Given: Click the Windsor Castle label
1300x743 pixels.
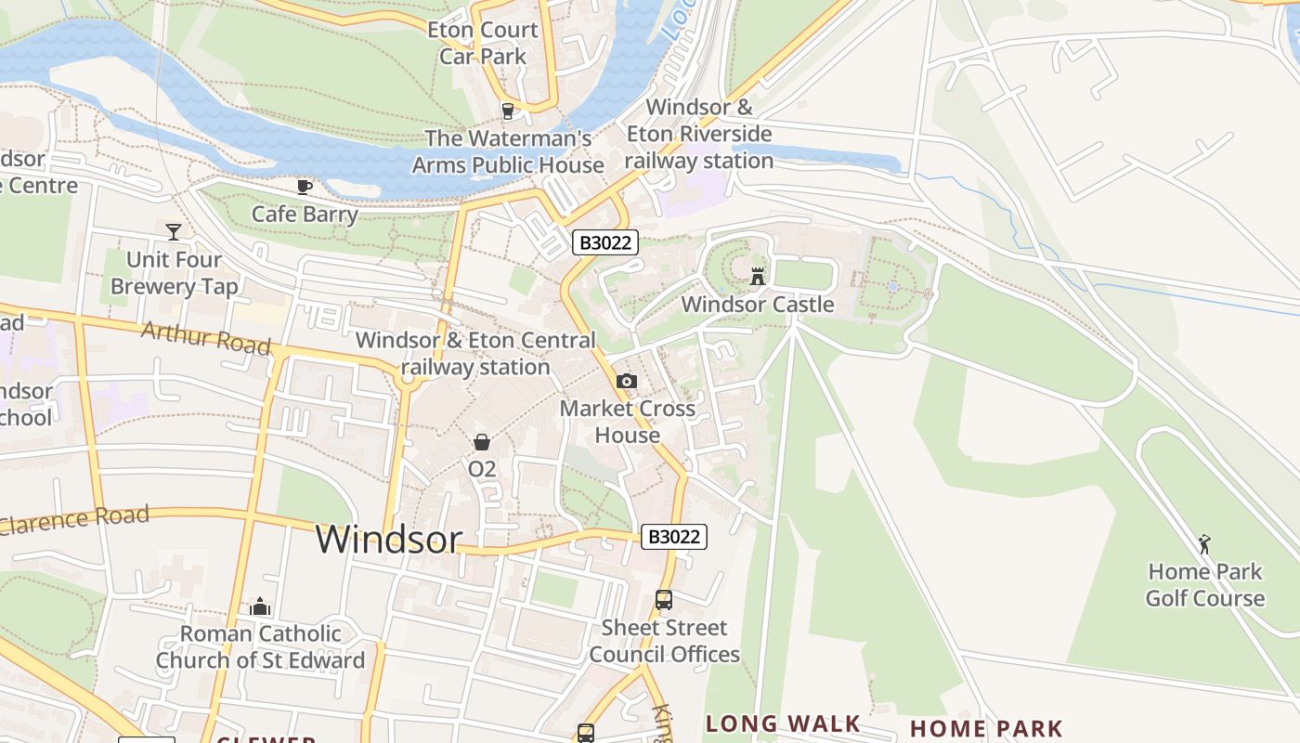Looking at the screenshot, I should (757, 305).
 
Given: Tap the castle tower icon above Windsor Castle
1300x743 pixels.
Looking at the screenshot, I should (758, 276).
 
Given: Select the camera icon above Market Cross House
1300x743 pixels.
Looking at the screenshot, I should (627, 381).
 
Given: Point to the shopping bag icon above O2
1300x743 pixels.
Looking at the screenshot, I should (482, 442).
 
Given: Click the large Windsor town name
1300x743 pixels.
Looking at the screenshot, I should (388, 540).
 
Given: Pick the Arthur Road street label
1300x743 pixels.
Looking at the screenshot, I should (205, 338).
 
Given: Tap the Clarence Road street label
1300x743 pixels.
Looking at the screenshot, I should (74, 519).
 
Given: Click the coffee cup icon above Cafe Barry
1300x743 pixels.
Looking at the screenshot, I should (304, 188).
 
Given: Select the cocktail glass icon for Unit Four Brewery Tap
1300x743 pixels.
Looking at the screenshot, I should (173, 231).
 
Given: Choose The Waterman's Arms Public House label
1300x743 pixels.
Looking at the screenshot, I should (508, 152).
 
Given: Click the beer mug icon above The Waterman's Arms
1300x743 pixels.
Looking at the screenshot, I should (507, 111).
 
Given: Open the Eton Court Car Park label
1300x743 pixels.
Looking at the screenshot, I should (483, 43).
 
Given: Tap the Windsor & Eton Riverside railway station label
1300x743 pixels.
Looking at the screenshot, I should (698, 134).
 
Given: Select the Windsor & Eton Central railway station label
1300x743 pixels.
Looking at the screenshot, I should (475, 354).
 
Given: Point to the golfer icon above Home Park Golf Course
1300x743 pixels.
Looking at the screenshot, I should (1204, 543).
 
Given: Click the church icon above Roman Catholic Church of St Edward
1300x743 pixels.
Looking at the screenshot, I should (260, 607).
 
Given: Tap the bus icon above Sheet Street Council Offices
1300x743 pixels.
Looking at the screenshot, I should (664, 600).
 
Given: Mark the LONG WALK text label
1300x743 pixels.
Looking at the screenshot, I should (783, 723).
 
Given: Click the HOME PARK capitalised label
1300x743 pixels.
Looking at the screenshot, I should (986, 728).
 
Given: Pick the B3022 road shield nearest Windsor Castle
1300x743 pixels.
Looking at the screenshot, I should (604, 243).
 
